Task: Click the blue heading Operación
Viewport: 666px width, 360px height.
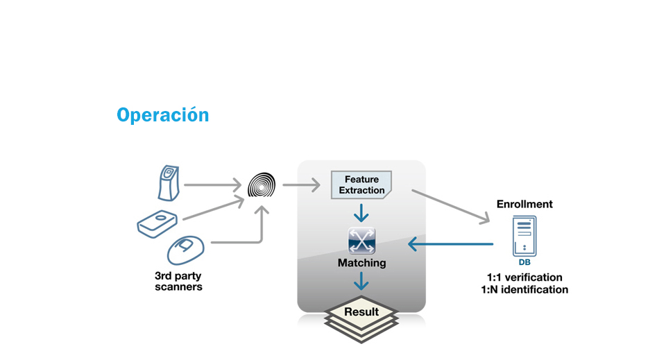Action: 162,115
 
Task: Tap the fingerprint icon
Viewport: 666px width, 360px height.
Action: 262,186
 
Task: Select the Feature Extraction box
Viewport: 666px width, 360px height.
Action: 361,185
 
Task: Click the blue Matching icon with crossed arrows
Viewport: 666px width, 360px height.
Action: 361,241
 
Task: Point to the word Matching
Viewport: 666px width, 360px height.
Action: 361,264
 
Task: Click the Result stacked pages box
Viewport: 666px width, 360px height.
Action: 361,313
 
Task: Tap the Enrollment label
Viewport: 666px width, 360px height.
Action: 524,205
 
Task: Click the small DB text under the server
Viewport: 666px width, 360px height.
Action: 524,263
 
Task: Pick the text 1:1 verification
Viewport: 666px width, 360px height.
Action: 524,277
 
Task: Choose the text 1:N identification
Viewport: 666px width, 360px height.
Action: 524,290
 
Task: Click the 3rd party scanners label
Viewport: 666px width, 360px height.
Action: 178,280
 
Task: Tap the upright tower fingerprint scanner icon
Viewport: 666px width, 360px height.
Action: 169,182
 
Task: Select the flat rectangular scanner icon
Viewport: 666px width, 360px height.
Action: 157,223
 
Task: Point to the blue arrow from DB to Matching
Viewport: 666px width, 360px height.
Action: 450,244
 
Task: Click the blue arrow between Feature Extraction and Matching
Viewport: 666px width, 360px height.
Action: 361,212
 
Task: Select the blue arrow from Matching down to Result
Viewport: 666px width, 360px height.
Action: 361,282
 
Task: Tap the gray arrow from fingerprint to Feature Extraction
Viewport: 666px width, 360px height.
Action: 301,185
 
